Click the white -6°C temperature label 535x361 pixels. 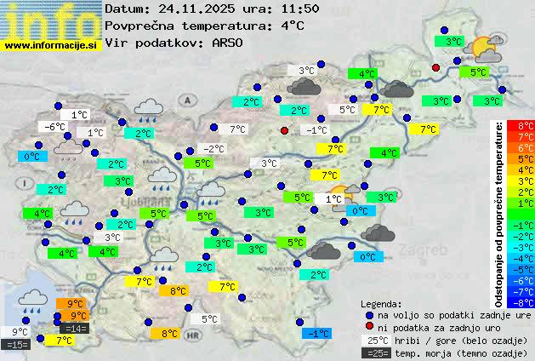[55, 127]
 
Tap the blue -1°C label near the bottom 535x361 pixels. [316, 334]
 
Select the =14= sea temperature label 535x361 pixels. [74, 329]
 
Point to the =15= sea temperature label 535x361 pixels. [17, 345]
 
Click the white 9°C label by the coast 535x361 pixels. [20, 332]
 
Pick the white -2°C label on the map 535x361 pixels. [213, 149]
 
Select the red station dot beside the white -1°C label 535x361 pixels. [285, 130]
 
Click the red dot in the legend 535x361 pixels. [369, 328]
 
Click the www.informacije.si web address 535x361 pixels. [51, 45]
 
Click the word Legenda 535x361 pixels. [383, 303]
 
